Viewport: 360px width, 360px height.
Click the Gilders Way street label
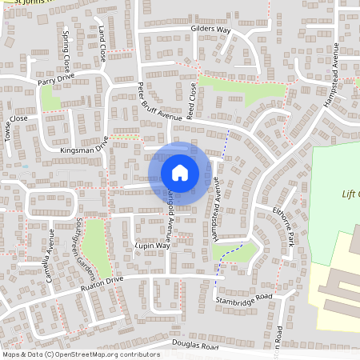pyautogui.click(x=210, y=30)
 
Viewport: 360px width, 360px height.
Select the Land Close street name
pyautogui.click(x=102, y=48)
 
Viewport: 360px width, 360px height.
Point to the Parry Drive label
pyautogui.click(x=55, y=82)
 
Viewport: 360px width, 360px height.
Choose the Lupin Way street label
pyautogui.click(x=152, y=246)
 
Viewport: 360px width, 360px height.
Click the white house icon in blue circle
pyautogui.click(x=180, y=172)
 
